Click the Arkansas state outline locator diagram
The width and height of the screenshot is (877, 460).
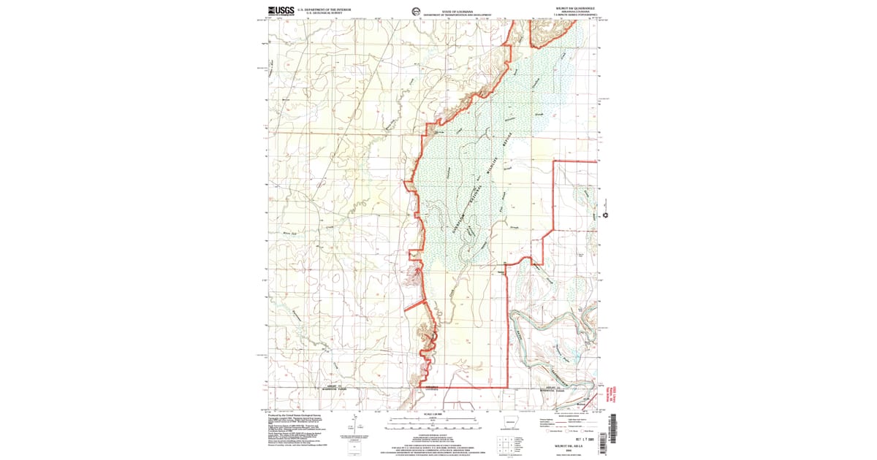point(510,423)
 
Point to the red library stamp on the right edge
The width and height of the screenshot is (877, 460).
point(604,391)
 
